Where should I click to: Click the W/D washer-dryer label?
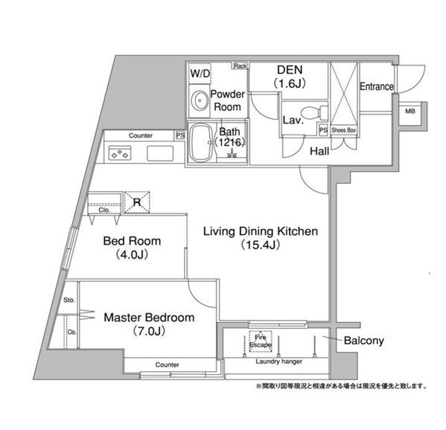tap(200, 74)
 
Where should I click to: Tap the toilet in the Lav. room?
tap(313, 112)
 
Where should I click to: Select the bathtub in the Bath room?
tap(201, 143)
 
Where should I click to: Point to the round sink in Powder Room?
tap(200, 100)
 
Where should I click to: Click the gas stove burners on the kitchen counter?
tap(120, 153)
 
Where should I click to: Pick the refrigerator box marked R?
tap(137, 202)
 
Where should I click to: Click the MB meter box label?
tap(410, 111)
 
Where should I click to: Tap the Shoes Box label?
tap(343, 130)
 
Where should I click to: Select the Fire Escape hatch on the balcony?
tap(261, 341)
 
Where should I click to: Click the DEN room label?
tap(290, 70)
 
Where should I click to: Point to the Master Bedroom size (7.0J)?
tap(149, 331)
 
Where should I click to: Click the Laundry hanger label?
tap(278, 362)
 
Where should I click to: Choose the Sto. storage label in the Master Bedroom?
tap(69, 300)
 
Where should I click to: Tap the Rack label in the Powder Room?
tap(240, 66)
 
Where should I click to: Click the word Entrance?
tap(377, 86)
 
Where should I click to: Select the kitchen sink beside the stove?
tap(160, 153)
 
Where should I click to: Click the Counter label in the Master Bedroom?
tap(167, 365)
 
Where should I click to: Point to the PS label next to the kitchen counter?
tap(180, 135)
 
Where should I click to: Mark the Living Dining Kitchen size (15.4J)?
tap(261, 245)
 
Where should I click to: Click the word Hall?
tap(319, 151)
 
